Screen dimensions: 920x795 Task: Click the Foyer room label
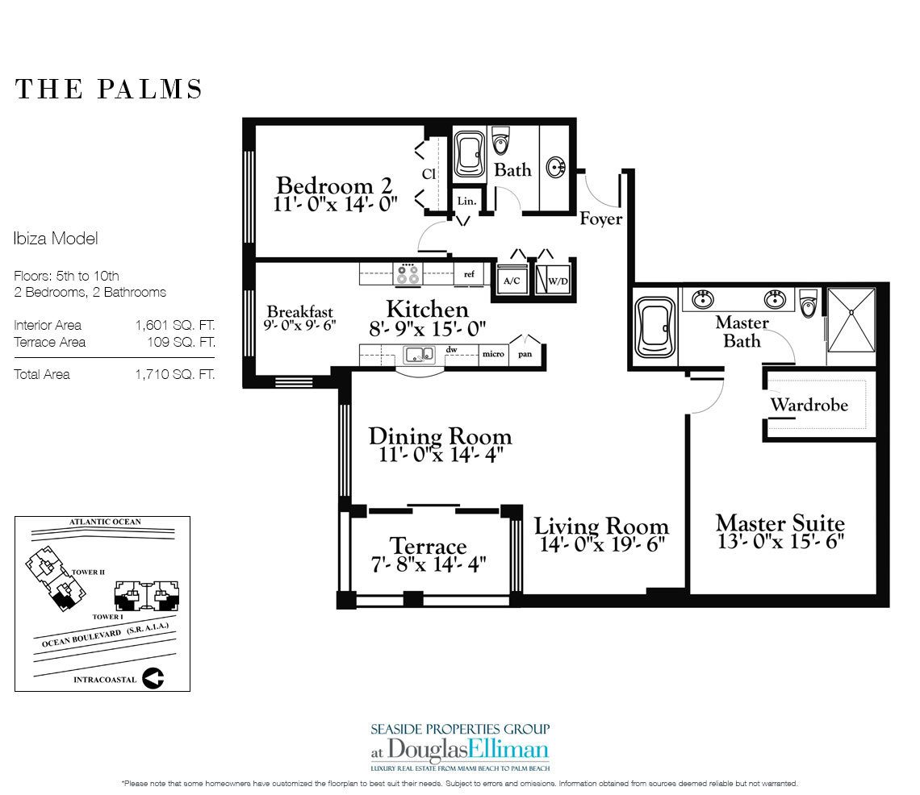pyautogui.click(x=600, y=219)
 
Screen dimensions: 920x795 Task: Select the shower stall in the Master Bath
pyautogui.click(x=851, y=319)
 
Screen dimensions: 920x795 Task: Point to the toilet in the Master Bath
pyautogui.click(x=809, y=302)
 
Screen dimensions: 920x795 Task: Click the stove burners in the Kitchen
pyautogui.click(x=408, y=273)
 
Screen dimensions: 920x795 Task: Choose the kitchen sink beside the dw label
pyautogui.click(x=419, y=354)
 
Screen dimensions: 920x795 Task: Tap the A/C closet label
pyautogui.click(x=512, y=281)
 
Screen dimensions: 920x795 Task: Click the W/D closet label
pyautogui.click(x=558, y=281)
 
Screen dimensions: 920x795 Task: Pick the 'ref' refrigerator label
pyautogui.click(x=469, y=274)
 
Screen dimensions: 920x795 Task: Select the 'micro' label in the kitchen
pyautogui.click(x=493, y=353)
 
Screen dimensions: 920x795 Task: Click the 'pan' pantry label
pyautogui.click(x=525, y=353)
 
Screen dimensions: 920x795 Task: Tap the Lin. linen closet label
pyautogui.click(x=466, y=201)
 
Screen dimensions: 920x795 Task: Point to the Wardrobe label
pyautogui.click(x=809, y=405)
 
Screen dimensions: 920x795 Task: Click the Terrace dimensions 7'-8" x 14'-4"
pyautogui.click(x=429, y=564)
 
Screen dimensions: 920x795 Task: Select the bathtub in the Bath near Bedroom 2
pyautogui.click(x=470, y=153)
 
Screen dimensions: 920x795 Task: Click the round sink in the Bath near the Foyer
pyautogui.click(x=555, y=168)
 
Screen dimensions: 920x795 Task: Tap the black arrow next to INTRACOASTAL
pyautogui.click(x=153, y=678)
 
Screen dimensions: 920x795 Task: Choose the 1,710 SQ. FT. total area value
pyautogui.click(x=175, y=375)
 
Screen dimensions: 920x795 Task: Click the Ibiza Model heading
pyautogui.click(x=56, y=239)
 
